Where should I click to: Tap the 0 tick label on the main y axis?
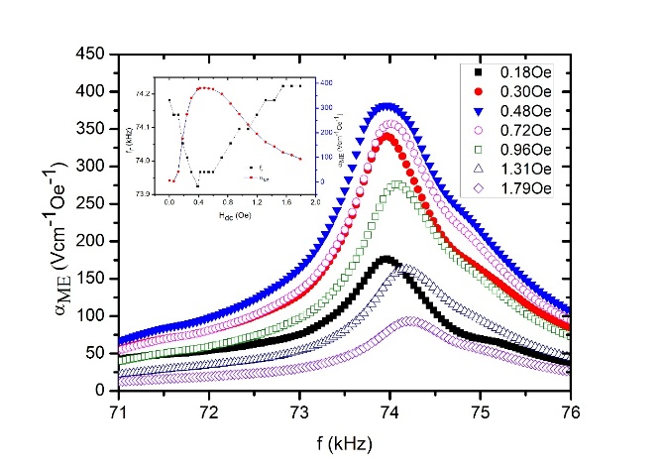pos(99,391)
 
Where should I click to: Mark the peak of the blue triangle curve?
pos(388,105)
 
